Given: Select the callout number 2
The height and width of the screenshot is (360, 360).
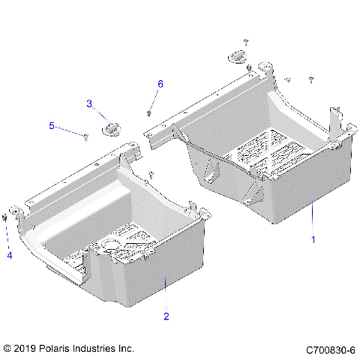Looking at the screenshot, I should point(166,316).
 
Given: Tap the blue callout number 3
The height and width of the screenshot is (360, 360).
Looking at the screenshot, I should point(89,103).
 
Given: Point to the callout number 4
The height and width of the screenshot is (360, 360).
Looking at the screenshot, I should point(10,255).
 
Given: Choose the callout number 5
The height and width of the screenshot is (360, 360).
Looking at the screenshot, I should point(52,126).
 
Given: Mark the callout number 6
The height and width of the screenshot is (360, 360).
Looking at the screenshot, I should point(159,83).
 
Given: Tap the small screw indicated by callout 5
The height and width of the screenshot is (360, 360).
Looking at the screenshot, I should point(87,136).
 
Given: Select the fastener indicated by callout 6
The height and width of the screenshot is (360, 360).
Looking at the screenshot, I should point(149,113).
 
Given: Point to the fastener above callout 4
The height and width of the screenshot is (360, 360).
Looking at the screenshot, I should point(7,217).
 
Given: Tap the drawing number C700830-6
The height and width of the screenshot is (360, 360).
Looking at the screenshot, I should point(331,349).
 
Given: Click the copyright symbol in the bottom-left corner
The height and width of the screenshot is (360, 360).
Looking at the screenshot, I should point(8,349).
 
